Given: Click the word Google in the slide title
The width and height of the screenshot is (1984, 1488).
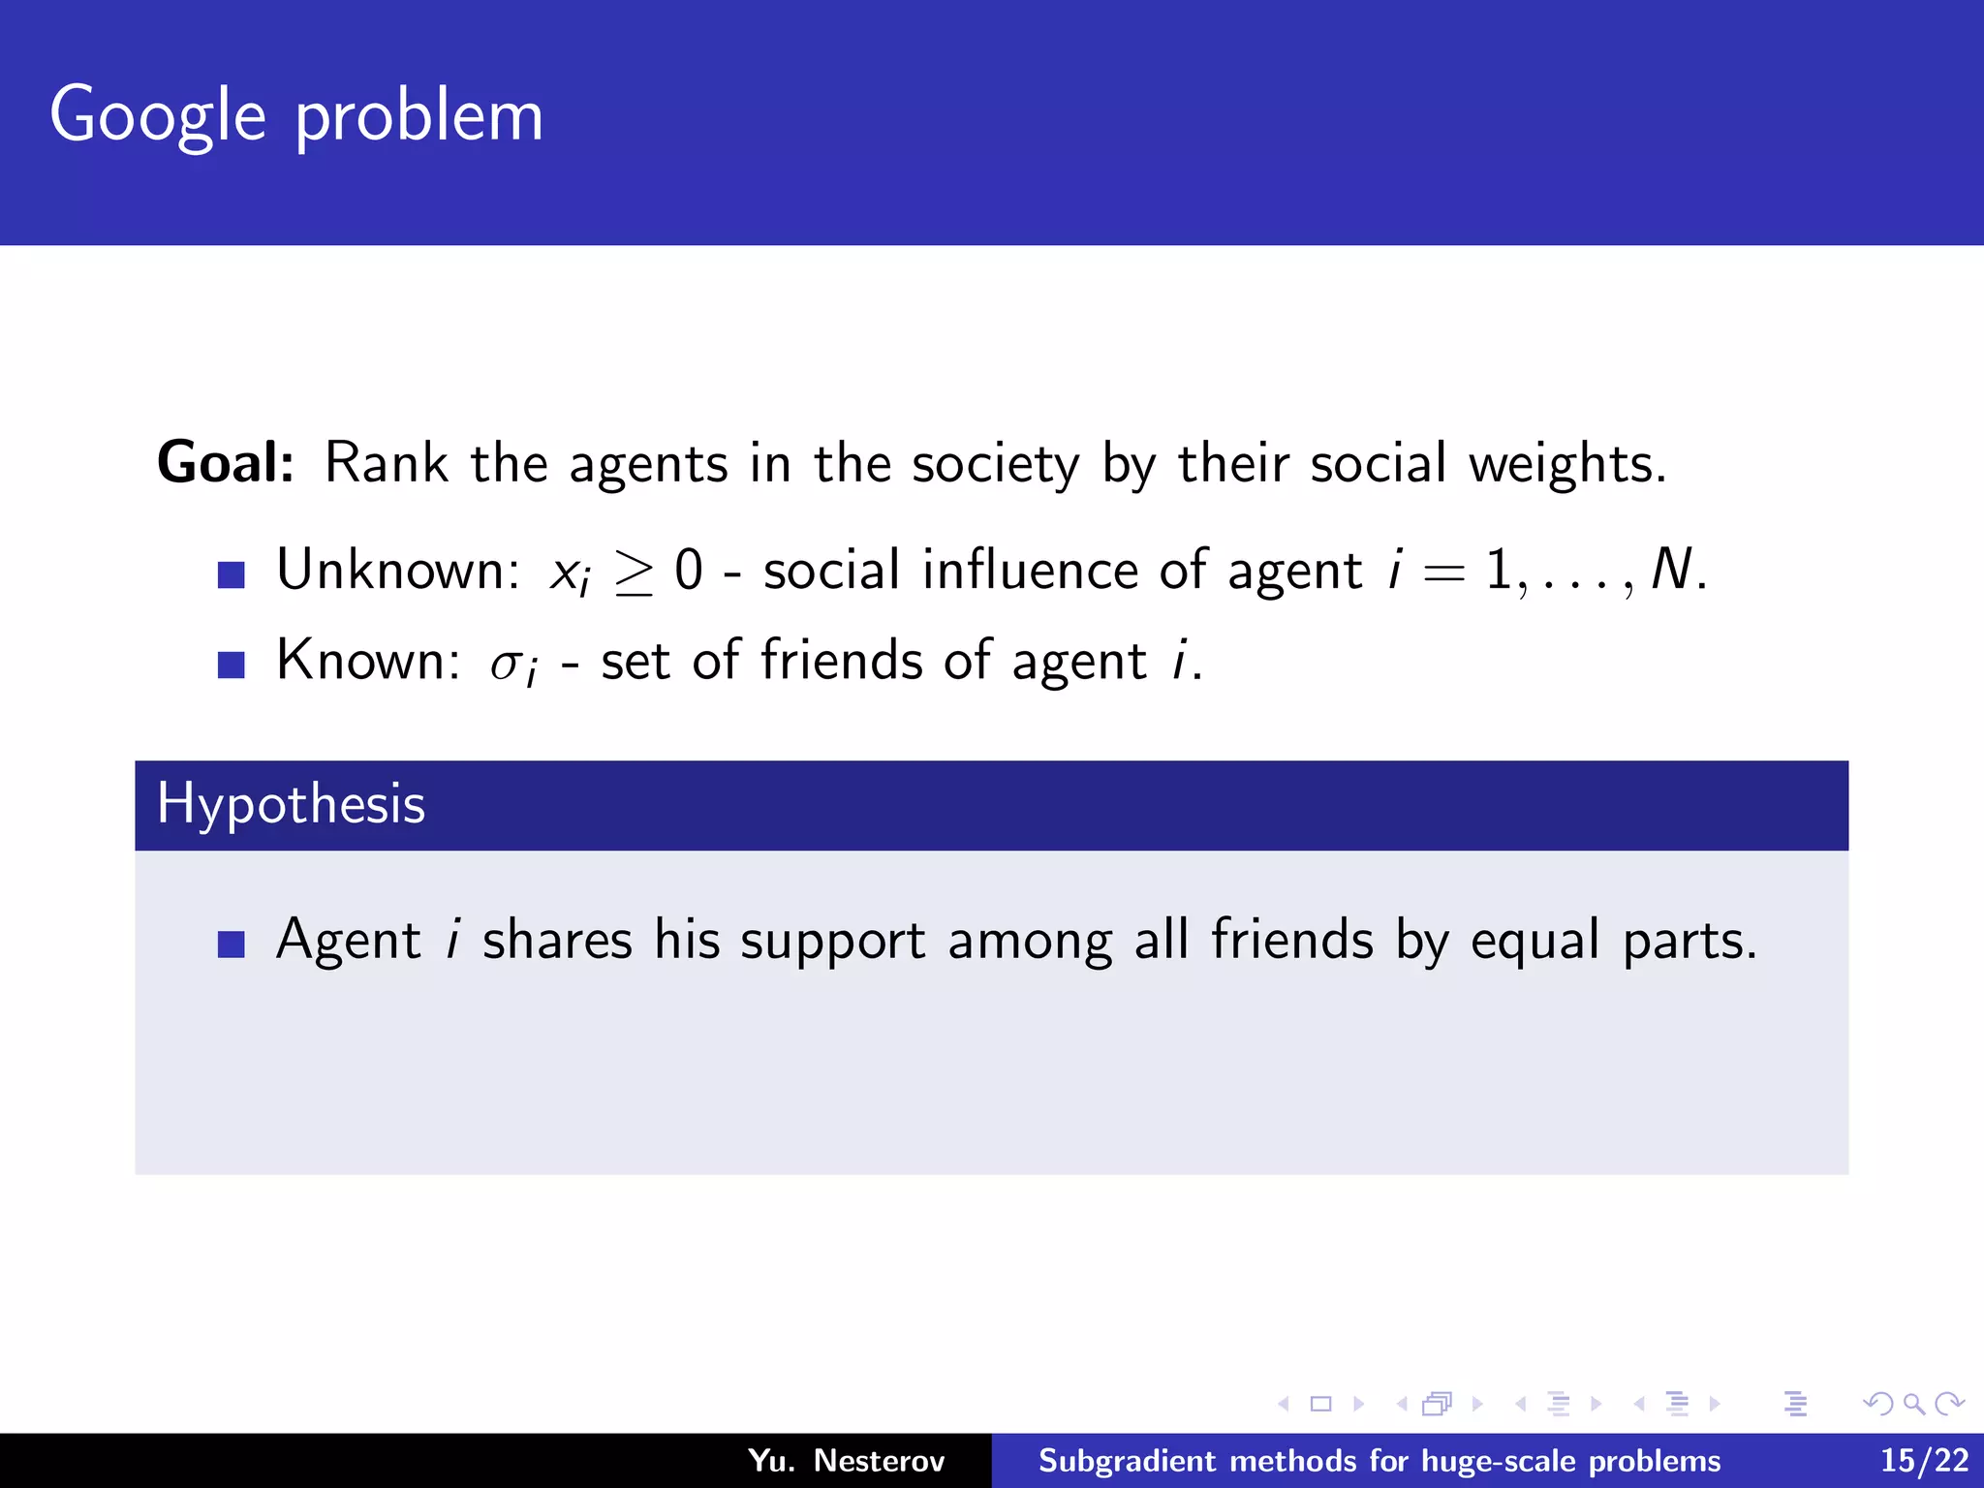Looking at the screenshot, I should pos(157,116).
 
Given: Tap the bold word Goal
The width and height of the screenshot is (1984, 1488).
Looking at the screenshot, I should pos(225,463).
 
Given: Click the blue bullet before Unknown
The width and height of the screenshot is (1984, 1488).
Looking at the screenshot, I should pos(231,575).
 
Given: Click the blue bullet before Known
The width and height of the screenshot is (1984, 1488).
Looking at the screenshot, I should pos(231,666).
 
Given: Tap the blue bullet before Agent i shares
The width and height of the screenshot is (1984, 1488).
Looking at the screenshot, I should pos(231,945).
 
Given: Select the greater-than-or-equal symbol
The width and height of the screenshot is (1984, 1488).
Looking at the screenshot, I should pos(634,573).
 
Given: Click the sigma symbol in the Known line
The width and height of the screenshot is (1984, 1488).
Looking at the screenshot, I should pos(506,665).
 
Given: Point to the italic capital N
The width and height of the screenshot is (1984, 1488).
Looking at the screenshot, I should pos(1671,570).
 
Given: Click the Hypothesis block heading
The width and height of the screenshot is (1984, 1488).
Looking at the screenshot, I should pos(292,804).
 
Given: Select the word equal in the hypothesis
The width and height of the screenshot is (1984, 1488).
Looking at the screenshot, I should pos(1534,942).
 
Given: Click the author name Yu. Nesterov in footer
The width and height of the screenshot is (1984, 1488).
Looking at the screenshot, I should pos(846,1461).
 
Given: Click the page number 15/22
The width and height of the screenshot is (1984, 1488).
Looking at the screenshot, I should pos(1924,1461).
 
